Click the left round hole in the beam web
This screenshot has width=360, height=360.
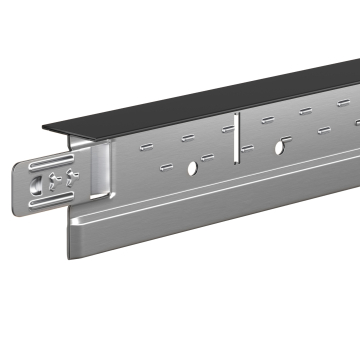pyautogui.click(x=189, y=164)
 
